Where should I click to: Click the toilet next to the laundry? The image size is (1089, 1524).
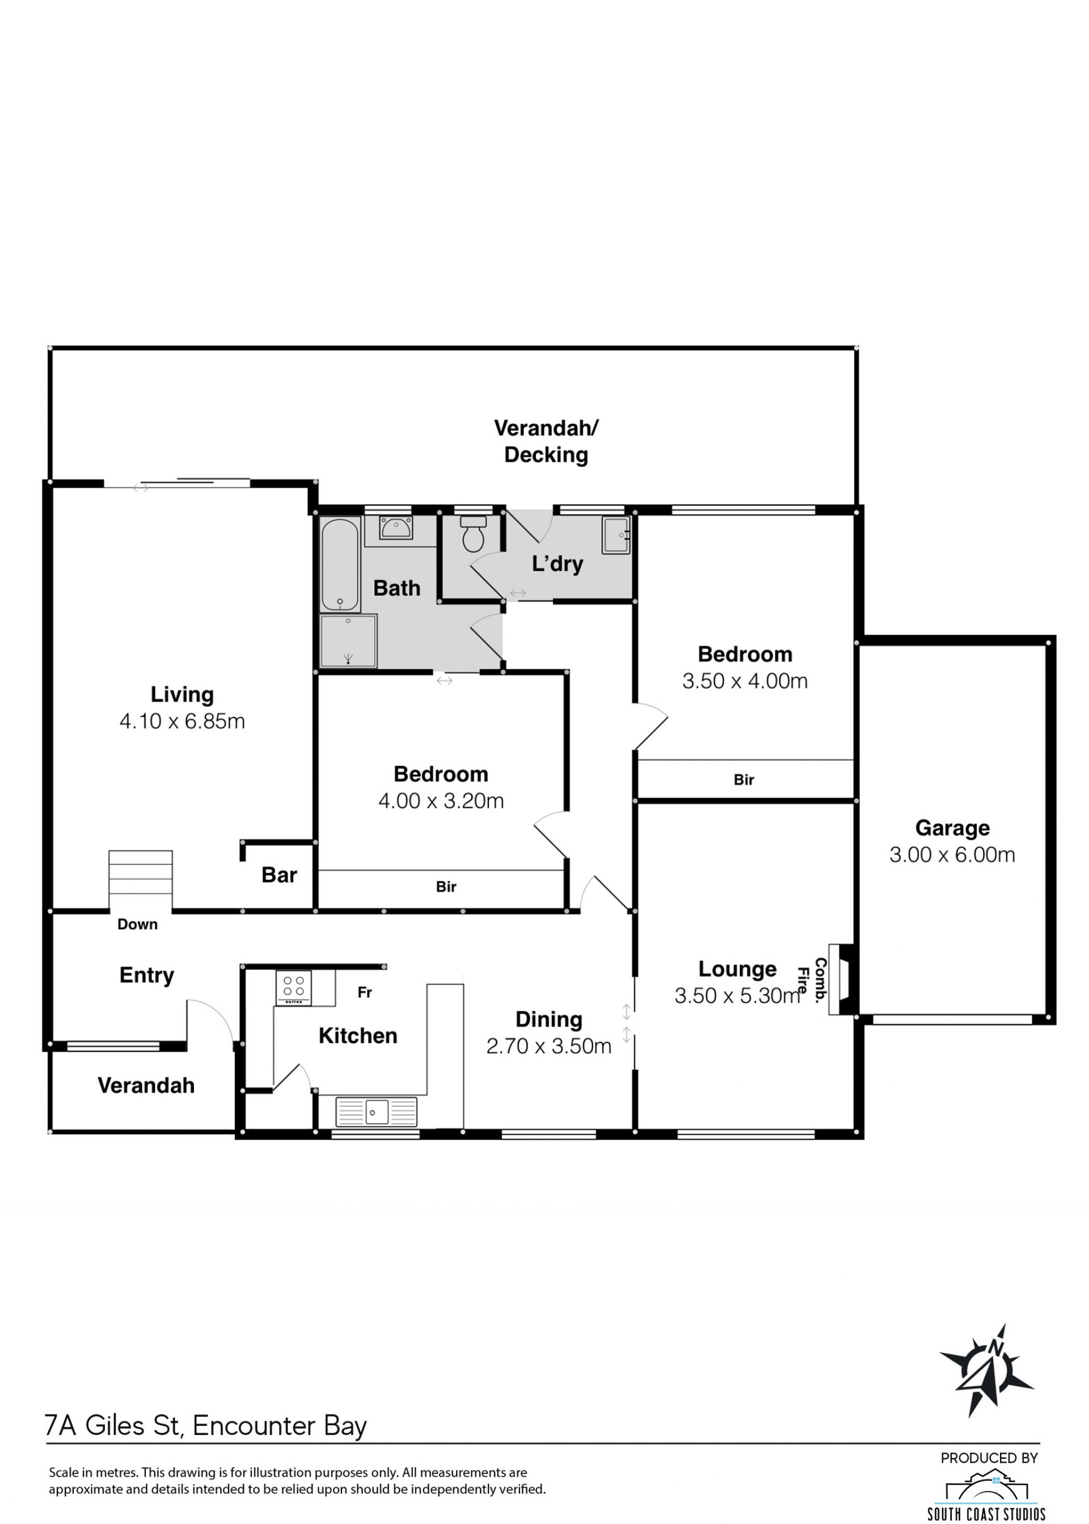pyautogui.click(x=474, y=533)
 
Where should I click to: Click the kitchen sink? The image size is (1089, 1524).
pyautogui.click(x=376, y=1112)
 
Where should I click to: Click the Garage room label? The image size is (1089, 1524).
pyautogui.click(x=952, y=828)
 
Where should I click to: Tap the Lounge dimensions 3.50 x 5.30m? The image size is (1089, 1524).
pyautogui.click(x=737, y=995)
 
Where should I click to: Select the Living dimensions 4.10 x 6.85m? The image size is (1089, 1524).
pyautogui.click(x=183, y=721)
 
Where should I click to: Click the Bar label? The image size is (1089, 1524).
pyautogui.click(x=279, y=875)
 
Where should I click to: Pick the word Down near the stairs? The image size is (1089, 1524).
pyautogui.click(x=137, y=924)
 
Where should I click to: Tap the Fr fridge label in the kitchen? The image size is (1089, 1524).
pyautogui.click(x=365, y=993)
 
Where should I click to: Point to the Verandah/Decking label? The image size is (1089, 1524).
pyautogui.click(x=546, y=441)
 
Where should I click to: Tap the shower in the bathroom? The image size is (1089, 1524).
pyautogui.click(x=349, y=641)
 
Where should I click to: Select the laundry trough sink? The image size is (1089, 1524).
pyautogui.click(x=615, y=535)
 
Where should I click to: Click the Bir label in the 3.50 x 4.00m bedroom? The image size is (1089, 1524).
pyautogui.click(x=744, y=780)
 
